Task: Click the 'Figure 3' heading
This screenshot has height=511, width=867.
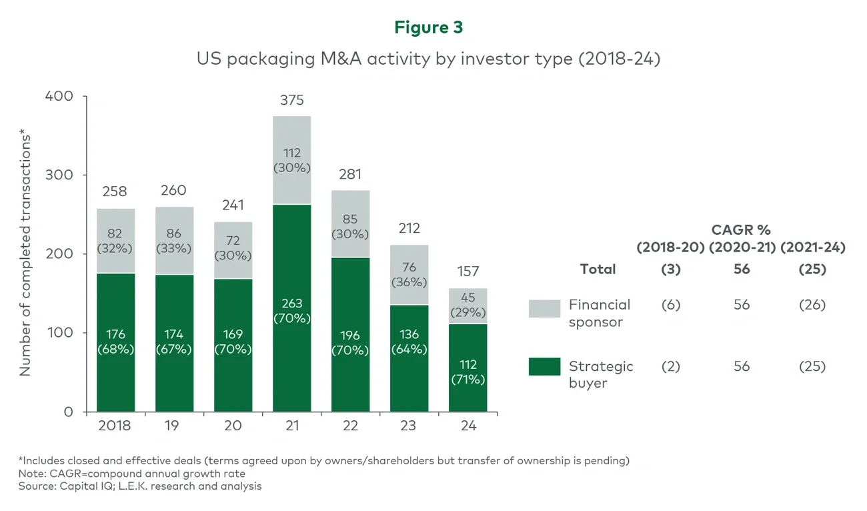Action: coord(428,27)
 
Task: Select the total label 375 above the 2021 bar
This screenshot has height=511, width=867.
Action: coord(291,100)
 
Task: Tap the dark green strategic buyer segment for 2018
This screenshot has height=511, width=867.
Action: coord(115,342)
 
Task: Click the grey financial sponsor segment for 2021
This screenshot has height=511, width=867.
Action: coord(291,160)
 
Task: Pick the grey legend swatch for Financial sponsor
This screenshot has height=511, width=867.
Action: coord(544,308)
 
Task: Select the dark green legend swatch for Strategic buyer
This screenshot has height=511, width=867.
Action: coord(544,366)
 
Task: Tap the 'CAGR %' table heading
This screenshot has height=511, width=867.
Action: coord(740,230)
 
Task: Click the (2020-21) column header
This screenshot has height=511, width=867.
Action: coord(741,247)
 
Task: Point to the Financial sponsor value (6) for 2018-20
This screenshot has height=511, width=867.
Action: coord(670,305)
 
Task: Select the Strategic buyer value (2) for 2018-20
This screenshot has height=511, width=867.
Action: coord(670,366)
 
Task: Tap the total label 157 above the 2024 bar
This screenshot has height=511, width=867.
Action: coord(468,272)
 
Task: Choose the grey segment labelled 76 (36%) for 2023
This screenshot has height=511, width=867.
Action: coord(409,275)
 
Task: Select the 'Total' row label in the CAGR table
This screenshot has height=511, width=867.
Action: coord(598,270)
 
